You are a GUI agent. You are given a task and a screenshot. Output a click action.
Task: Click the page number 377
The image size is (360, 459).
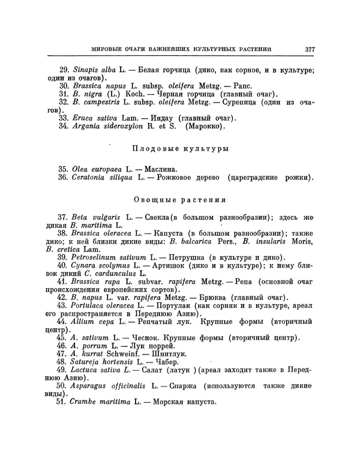310,49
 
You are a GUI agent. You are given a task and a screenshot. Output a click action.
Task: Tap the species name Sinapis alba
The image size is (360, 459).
94,71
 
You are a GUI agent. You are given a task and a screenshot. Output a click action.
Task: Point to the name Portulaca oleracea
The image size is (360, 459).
106,305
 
